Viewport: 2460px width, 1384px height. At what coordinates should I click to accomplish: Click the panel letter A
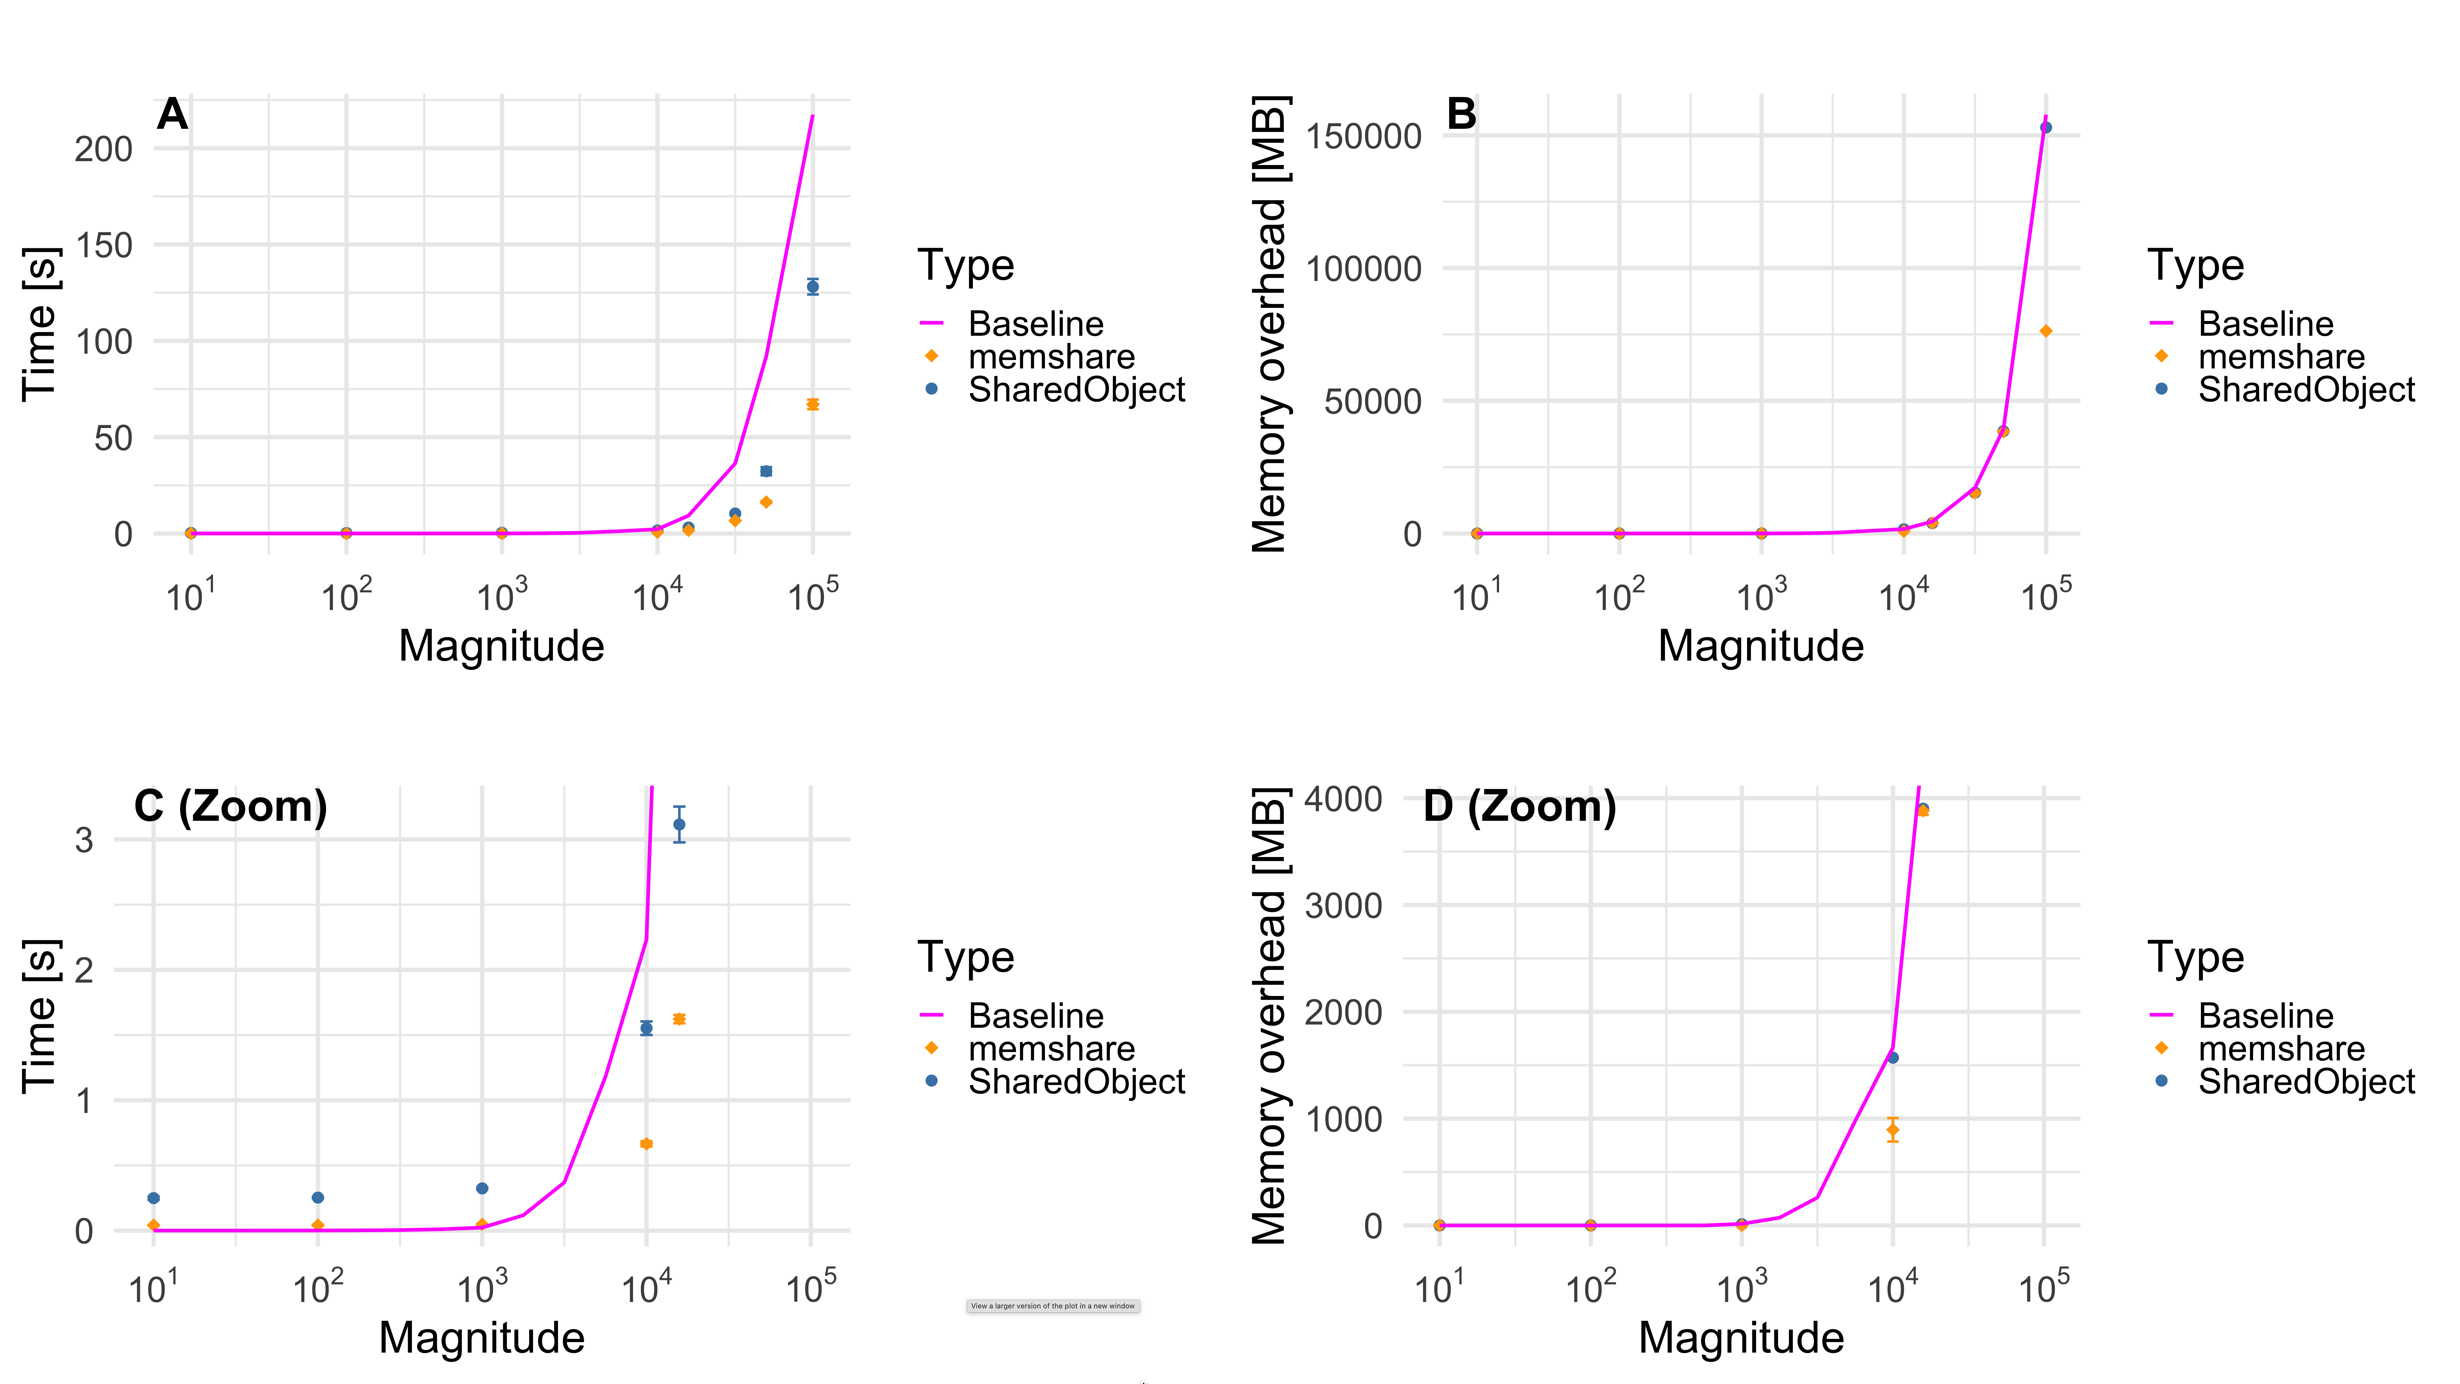(x=172, y=115)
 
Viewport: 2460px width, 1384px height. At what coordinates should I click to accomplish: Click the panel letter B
(x=1461, y=115)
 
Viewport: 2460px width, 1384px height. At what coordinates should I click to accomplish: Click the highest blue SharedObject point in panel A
(x=813, y=286)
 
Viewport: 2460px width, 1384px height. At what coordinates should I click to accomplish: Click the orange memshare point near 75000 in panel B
(x=2046, y=332)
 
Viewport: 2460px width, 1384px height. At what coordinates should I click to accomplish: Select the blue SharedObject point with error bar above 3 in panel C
(x=679, y=824)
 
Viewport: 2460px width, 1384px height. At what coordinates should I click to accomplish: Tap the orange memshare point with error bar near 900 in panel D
(x=1893, y=1130)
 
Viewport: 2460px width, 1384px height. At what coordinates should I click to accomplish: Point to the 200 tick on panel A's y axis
(x=103, y=149)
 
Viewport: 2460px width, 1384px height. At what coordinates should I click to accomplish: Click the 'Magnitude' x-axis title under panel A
(x=501, y=646)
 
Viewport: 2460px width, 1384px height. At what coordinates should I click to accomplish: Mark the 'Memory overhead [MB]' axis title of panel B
(x=1270, y=325)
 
